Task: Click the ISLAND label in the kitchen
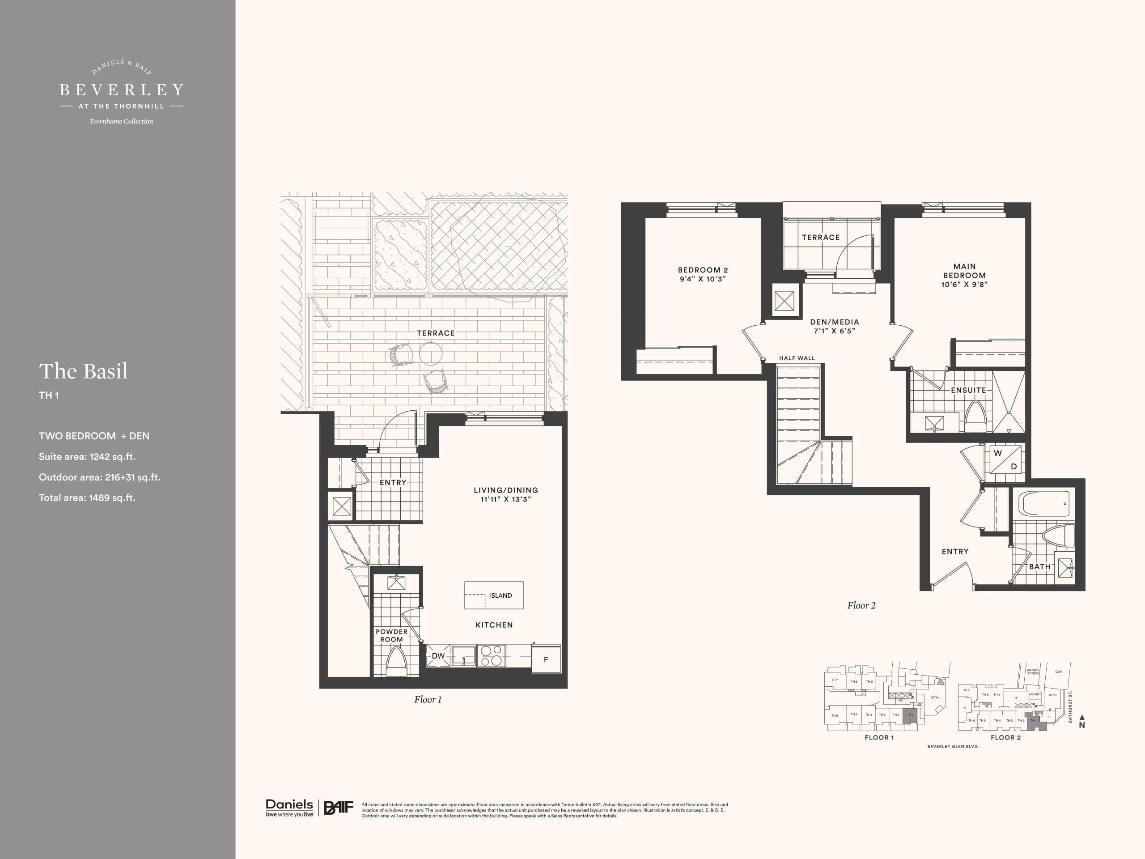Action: [500, 595]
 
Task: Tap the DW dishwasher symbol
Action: [438, 656]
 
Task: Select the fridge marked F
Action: [546, 659]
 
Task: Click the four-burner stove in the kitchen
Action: [491, 655]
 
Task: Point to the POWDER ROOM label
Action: [391, 635]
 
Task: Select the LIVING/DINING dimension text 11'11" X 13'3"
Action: [506, 499]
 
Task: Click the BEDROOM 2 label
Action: [702, 270]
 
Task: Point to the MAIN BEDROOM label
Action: [964, 271]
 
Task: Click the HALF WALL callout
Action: [797, 358]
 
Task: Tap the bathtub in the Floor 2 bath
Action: [1043, 504]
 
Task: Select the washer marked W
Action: [997, 454]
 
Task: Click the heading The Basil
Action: [83, 371]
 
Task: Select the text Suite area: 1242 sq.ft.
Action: [87, 457]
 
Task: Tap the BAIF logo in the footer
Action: [339, 807]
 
